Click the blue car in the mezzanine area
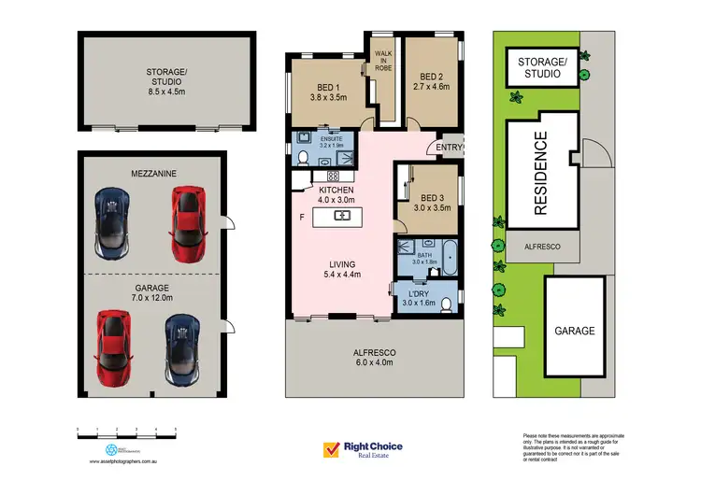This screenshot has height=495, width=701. coord(111,221)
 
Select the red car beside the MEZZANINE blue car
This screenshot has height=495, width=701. coord(186,222)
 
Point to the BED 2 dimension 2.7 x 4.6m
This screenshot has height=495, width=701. coord(431,87)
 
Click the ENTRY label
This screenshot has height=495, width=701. coord(450,148)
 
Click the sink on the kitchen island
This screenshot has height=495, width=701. coord(342,216)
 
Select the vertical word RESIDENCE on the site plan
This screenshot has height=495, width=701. coord(539,174)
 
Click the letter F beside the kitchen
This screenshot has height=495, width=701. coord(300,217)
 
